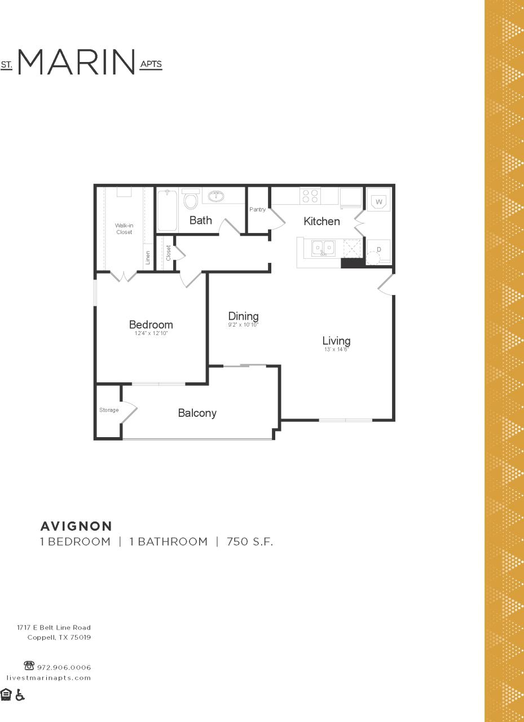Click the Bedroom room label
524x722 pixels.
(151, 325)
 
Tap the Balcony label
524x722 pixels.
(197, 413)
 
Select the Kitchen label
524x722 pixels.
(322, 221)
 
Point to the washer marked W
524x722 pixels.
(379, 201)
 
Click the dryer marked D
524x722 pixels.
(378, 249)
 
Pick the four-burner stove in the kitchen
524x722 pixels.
(310, 196)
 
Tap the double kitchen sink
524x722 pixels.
(324, 248)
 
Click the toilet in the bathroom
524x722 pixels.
(191, 200)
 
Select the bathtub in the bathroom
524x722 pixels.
(167, 210)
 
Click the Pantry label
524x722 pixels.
(257, 210)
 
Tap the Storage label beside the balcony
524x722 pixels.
(109, 410)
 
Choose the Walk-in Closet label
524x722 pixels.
(124, 228)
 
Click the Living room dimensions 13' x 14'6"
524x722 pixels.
(337, 350)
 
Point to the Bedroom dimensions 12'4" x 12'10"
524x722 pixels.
(151, 334)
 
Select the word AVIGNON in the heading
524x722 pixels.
(76, 526)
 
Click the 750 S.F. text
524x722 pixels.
(250, 542)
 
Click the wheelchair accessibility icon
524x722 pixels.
(20, 694)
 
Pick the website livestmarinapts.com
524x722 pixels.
(49, 677)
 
